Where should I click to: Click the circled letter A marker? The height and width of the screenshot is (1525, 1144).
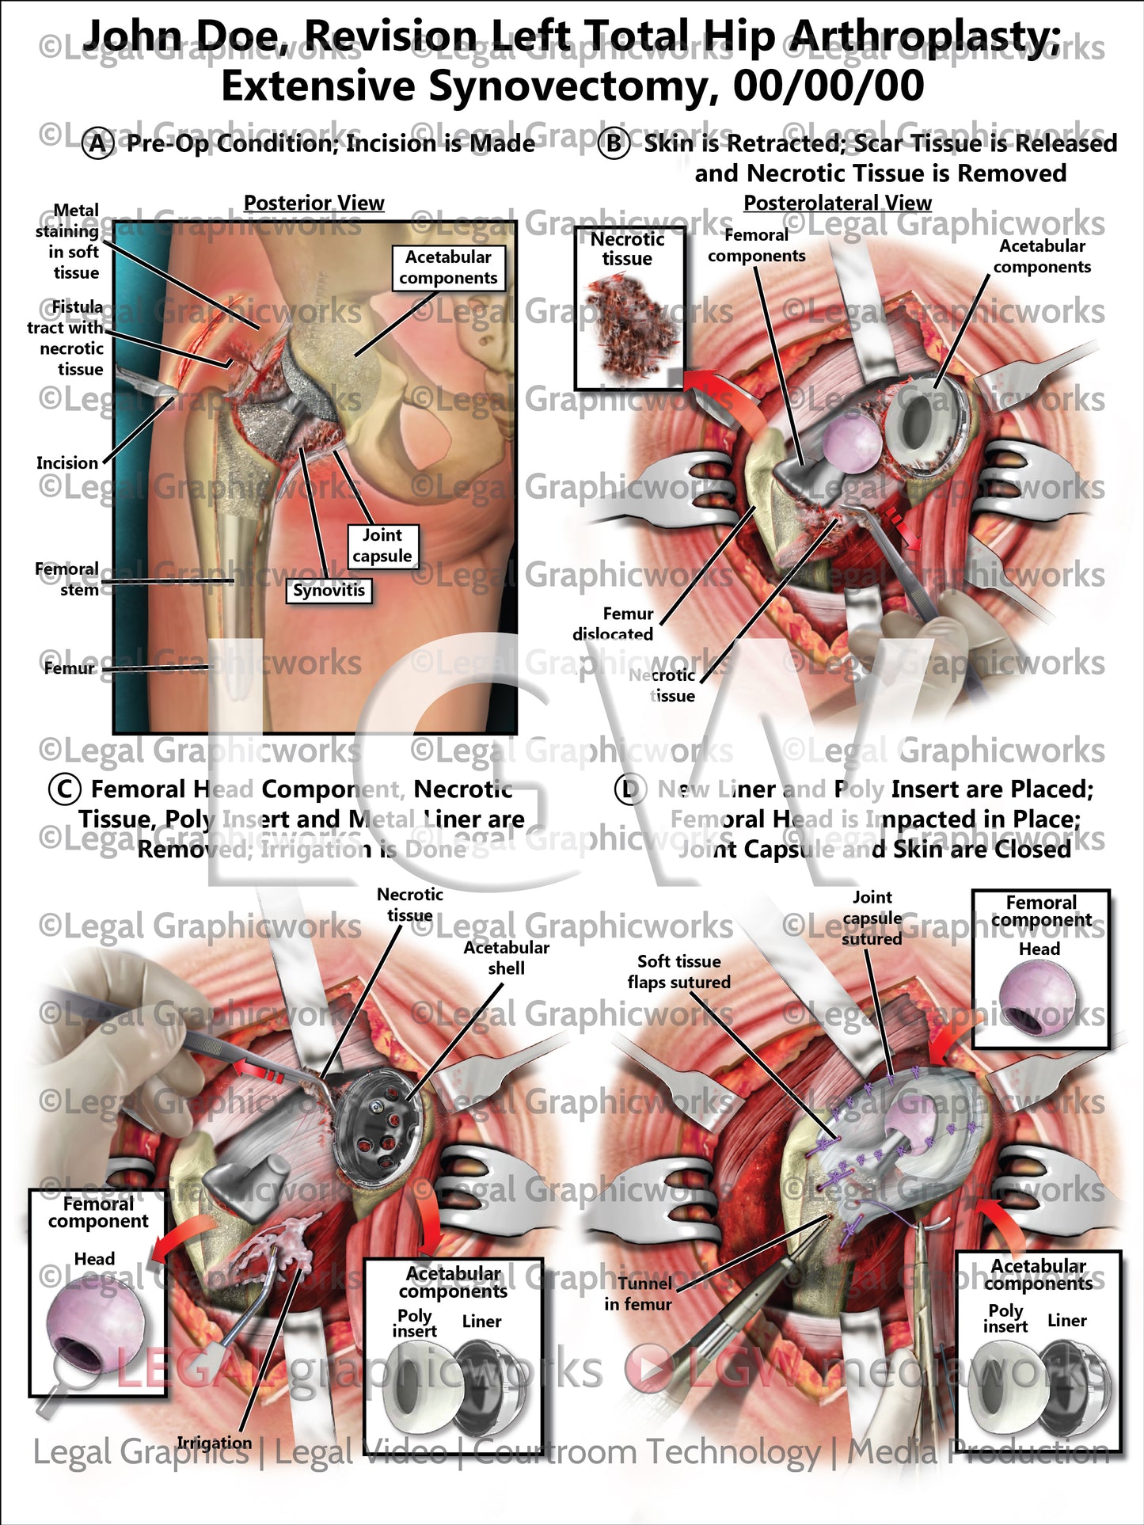(x=97, y=144)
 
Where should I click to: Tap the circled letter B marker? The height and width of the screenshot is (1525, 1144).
(x=614, y=144)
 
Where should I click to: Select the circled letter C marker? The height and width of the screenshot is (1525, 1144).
(x=65, y=789)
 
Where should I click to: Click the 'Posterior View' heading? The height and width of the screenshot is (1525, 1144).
(x=314, y=203)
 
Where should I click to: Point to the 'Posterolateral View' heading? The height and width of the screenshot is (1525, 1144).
(x=837, y=203)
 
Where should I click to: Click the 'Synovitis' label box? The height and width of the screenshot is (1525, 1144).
(x=329, y=591)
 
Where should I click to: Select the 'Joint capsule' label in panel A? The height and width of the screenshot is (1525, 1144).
(x=382, y=546)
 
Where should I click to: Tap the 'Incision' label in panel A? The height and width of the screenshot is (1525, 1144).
(x=67, y=463)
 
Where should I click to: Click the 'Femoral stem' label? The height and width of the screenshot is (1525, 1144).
(x=67, y=579)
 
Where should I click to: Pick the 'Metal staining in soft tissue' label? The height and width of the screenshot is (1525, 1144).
(x=72, y=241)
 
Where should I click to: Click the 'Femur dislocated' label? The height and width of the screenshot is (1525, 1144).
(x=614, y=624)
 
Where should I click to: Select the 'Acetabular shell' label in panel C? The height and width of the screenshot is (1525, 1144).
(x=506, y=957)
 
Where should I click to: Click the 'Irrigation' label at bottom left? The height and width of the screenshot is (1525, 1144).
(x=214, y=1443)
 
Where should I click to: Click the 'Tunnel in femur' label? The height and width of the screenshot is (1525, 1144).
(x=639, y=1293)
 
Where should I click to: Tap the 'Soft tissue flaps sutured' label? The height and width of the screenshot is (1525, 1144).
(x=678, y=972)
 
